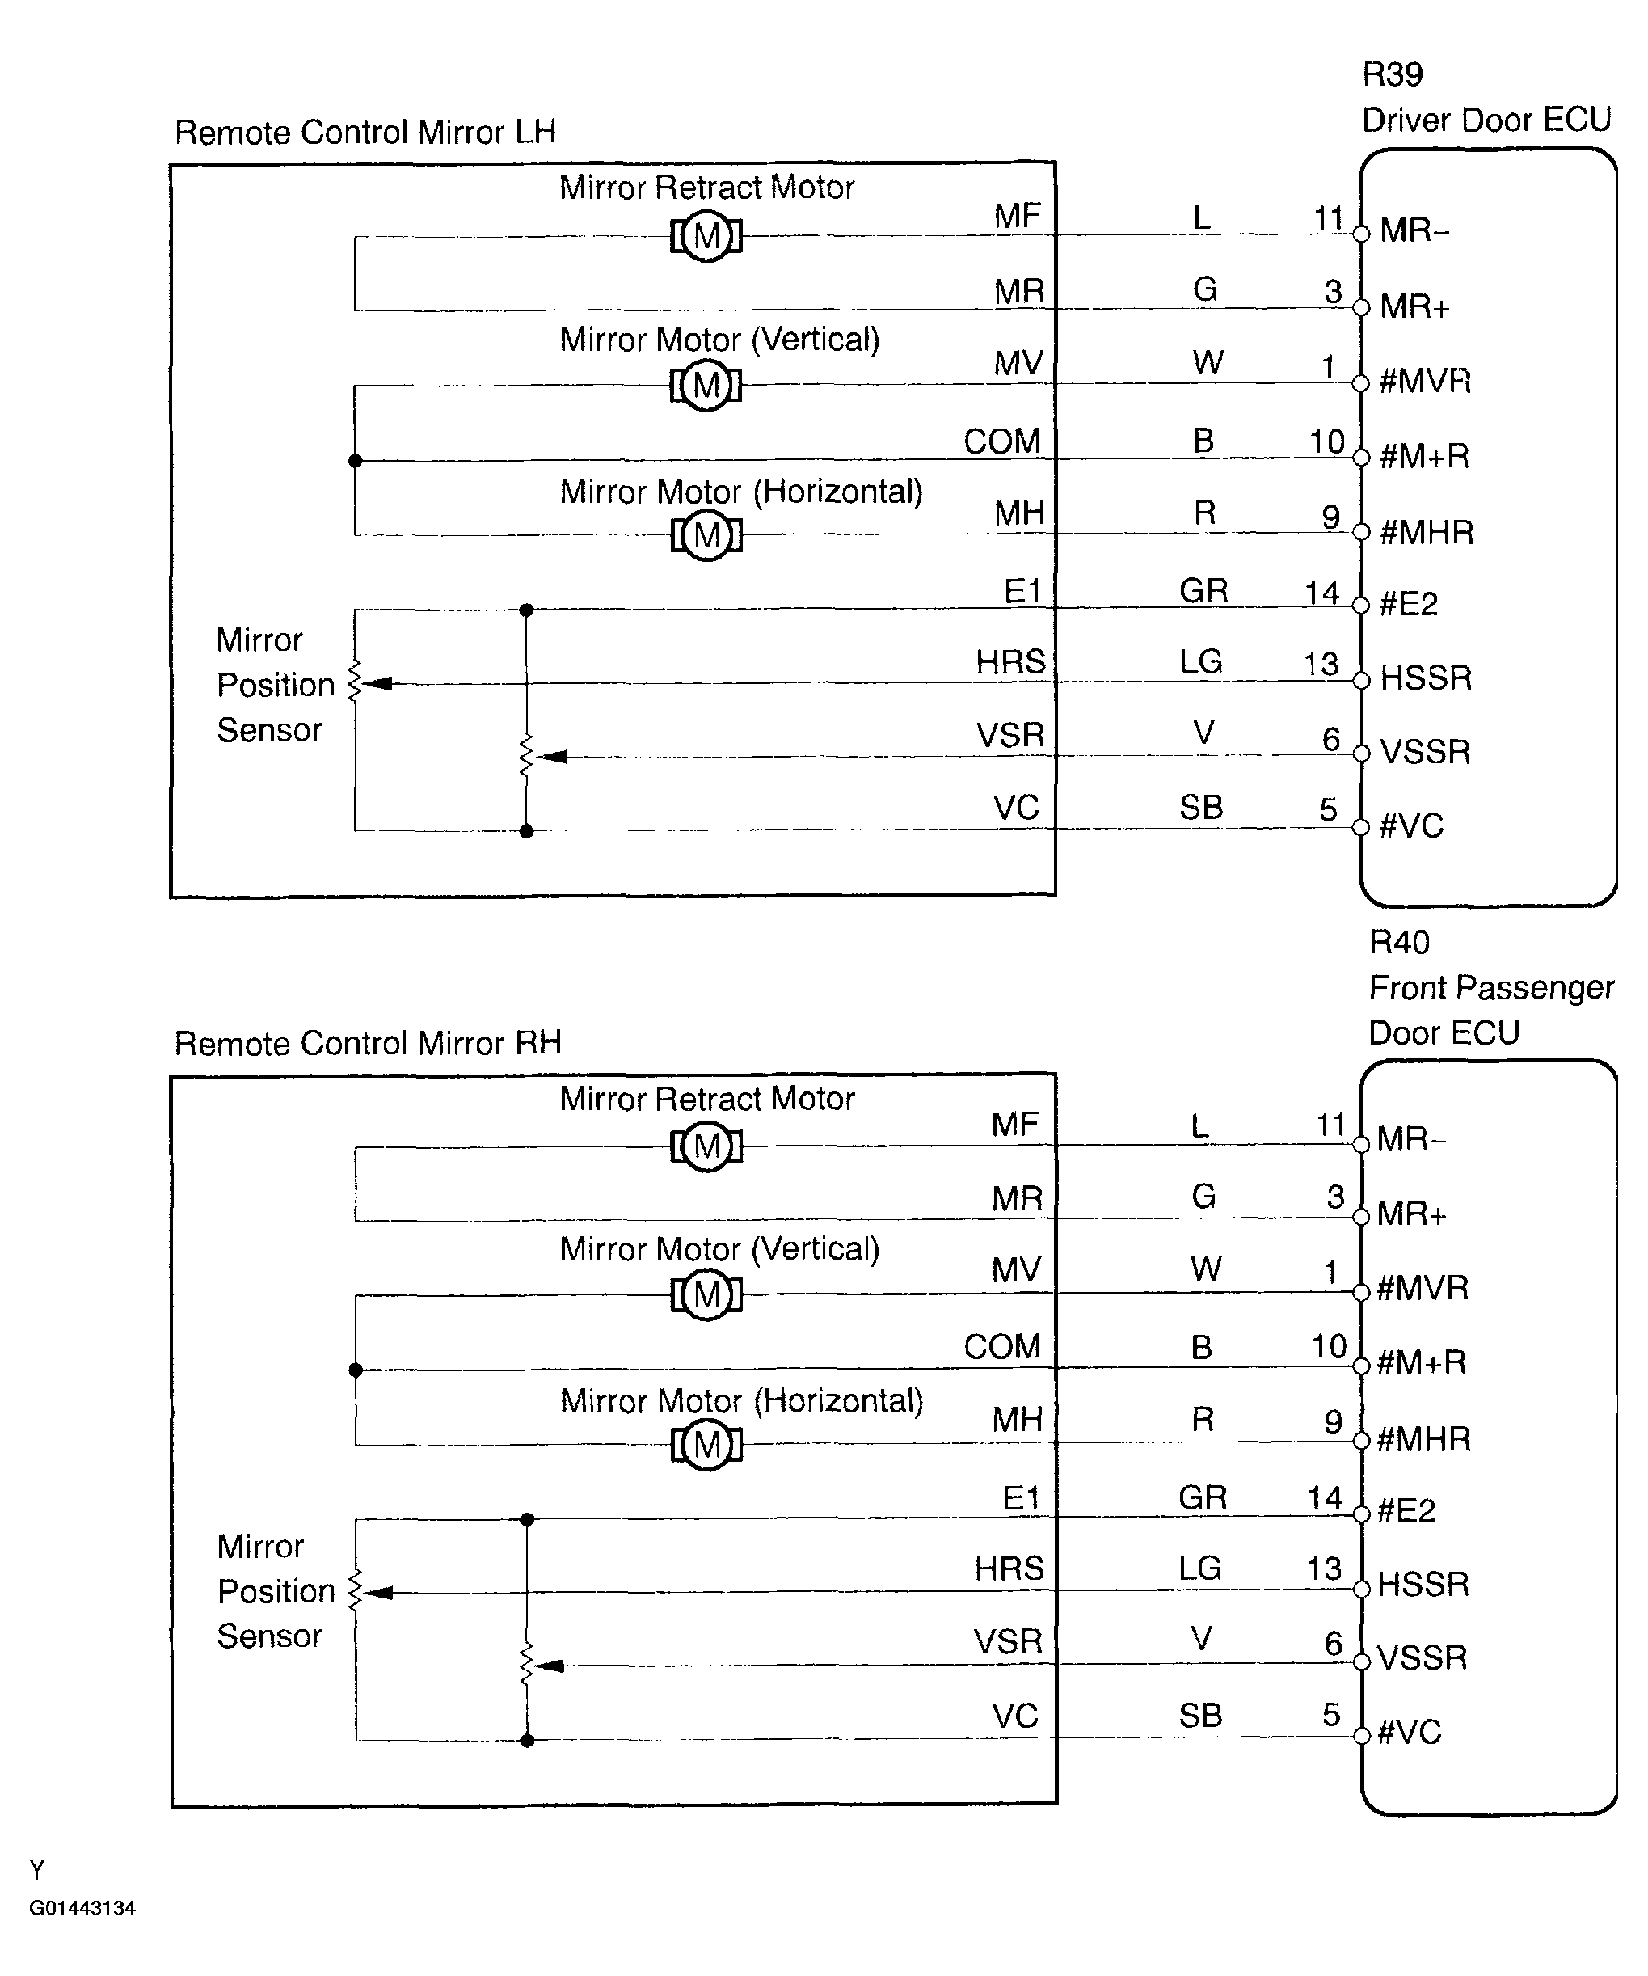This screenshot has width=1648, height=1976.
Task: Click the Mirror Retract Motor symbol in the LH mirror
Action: (706, 235)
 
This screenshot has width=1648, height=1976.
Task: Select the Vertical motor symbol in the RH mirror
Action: (706, 1296)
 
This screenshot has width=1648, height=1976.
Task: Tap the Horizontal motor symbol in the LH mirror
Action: (706, 535)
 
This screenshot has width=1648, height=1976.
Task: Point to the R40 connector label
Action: (1399, 942)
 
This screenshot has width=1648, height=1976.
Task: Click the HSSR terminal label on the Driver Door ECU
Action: (1425, 678)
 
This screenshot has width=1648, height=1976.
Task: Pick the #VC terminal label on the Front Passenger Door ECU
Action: (1409, 1733)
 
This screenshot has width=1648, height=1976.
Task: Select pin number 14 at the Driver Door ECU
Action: (1321, 593)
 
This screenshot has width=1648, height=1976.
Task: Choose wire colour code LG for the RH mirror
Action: (1200, 1568)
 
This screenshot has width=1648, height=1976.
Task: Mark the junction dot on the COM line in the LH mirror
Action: (355, 461)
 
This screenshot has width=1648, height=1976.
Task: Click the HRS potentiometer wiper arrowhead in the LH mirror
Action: (378, 684)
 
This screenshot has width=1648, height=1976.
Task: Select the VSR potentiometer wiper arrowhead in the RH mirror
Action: (550, 1666)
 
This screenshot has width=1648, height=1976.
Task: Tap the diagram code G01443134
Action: (82, 1908)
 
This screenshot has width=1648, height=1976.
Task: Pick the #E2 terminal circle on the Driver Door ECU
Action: (1360, 605)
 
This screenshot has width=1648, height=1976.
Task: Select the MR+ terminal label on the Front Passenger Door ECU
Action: (1411, 1214)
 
